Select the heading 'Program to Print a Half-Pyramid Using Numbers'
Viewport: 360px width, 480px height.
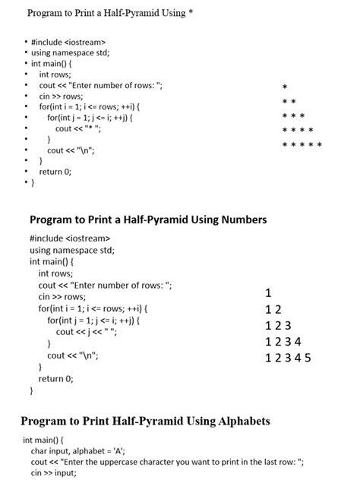148,219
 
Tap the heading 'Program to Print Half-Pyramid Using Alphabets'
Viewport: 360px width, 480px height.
145,421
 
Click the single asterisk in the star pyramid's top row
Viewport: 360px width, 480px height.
284,87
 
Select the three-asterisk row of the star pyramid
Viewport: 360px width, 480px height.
293,116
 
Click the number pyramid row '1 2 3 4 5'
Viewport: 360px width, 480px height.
289,358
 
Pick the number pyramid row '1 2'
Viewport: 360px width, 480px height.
273,310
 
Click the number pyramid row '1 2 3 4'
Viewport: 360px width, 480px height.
284,342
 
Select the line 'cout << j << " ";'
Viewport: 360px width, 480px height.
87,332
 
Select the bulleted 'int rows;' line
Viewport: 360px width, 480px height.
55,74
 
